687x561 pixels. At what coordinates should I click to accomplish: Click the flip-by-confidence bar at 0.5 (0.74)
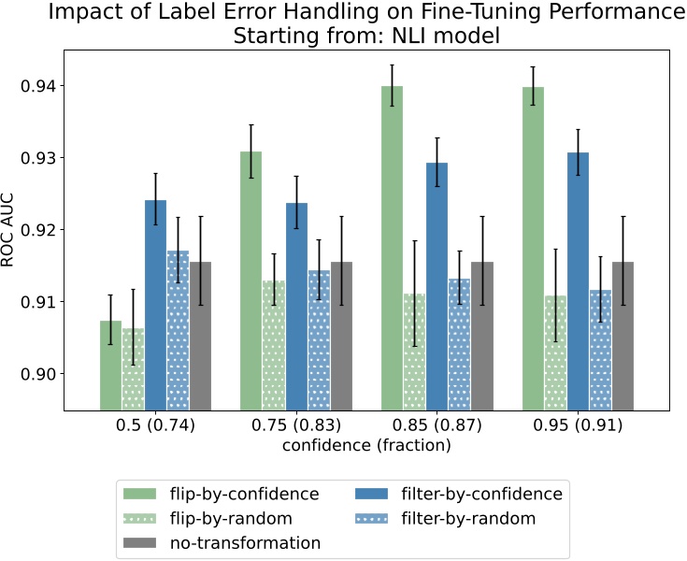click(x=110, y=366)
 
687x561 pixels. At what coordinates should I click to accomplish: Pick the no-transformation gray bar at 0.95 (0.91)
click(x=623, y=336)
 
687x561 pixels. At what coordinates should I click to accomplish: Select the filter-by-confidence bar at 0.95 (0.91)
click(x=578, y=281)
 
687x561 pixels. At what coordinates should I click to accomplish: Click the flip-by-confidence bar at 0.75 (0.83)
click(x=251, y=280)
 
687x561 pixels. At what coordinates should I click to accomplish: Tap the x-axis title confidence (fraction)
click(x=366, y=446)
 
